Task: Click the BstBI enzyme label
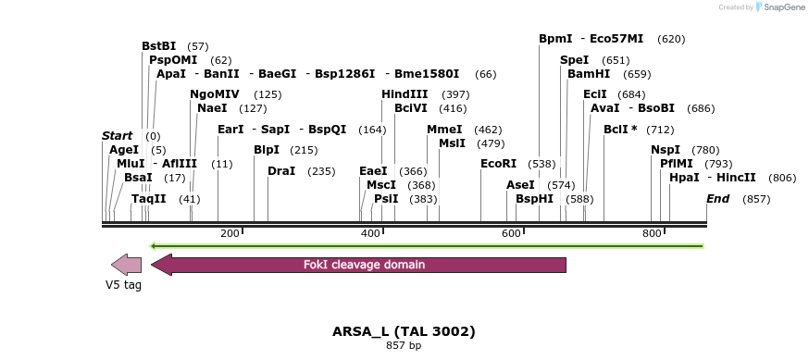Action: coord(158,45)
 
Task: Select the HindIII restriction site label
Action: coord(404,94)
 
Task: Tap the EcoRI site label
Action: coord(498,164)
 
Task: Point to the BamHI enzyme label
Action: coord(589,74)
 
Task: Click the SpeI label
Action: coord(574,60)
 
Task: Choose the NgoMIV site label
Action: coord(215,94)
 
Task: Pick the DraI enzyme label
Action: coord(281,171)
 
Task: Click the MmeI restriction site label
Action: coord(444,130)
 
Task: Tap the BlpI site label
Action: coord(267,150)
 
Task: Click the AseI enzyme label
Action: coord(520,185)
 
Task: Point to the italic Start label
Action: coord(118,136)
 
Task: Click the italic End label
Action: coord(717,199)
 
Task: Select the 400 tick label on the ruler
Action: coord(370,233)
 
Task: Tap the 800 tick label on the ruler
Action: coord(652,233)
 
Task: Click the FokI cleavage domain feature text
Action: coord(364,265)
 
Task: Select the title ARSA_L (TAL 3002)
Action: coord(404,330)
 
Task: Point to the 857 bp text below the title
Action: coord(404,346)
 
